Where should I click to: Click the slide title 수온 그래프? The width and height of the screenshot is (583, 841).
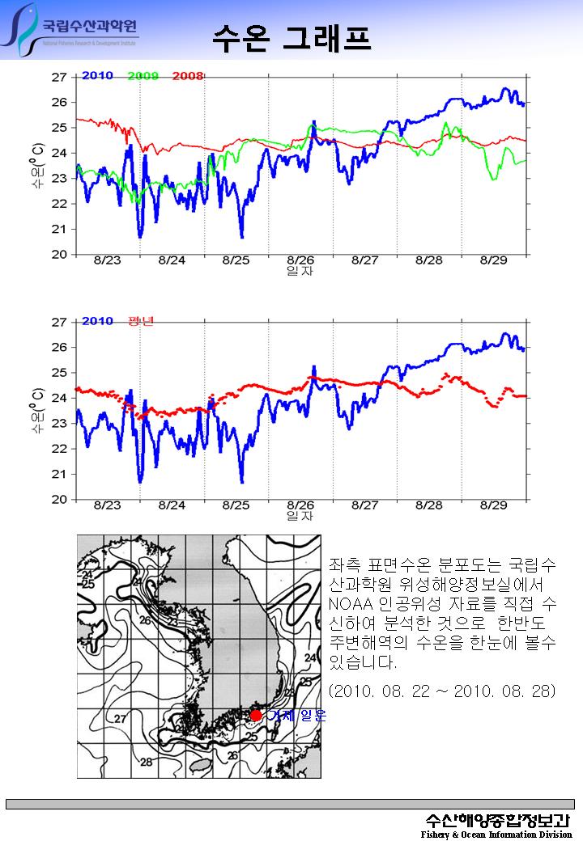(291, 37)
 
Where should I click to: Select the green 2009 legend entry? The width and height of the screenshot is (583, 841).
(143, 76)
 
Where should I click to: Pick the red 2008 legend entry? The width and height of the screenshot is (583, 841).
(187, 76)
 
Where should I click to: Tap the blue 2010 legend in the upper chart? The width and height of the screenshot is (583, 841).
(97, 76)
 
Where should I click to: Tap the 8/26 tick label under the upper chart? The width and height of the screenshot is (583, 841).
(300, 260)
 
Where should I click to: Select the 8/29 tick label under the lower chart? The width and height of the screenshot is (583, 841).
(494, 505)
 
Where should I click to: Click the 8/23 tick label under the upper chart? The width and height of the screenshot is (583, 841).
(107, 260)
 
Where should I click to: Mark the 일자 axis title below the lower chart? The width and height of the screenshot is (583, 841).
(300, 516)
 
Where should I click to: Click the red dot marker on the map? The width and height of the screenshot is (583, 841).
(256, 715)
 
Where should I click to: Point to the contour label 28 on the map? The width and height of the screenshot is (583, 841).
(147, 762)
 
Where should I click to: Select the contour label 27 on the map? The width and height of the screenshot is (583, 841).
(120, 718)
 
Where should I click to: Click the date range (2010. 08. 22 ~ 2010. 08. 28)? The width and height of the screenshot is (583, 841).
(444, 693)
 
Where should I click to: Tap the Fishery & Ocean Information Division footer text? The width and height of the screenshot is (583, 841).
(496, 835)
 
